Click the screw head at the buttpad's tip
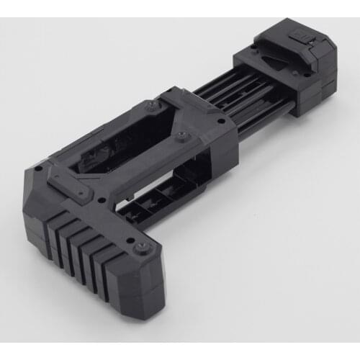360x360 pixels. (x=143, y=248)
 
